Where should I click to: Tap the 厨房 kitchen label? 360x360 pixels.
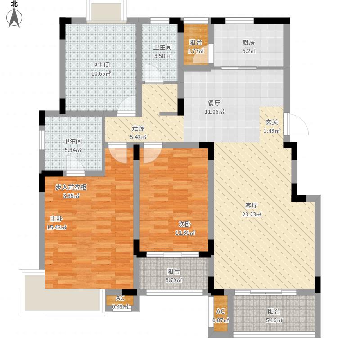click(x=249, y=42)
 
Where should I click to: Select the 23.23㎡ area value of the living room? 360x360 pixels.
click(x=252, y=215)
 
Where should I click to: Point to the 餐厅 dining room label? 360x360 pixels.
click(x=214, y=103)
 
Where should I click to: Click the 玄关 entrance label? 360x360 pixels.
click(x=272, y=122)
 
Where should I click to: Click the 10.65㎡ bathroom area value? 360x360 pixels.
click(x=101, y=74)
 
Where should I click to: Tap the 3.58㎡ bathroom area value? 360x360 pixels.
click(x=162, y=56)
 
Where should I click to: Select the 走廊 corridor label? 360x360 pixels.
click(x=138, y=128)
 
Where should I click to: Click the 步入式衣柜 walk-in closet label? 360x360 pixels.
click(x=71, y=187)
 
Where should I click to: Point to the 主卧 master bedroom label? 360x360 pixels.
click(x=56, y=219)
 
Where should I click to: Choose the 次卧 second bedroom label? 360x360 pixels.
click(x=185, y=224)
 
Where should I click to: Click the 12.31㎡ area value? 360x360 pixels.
click(x=185, y=233)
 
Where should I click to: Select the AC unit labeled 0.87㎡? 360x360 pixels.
click(x=220, y=313)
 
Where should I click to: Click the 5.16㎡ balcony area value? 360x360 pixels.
click(x=274, y=320)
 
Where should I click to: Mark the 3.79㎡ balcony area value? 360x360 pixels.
click(x=174, y=280)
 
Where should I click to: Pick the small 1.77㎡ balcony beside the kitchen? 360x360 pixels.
click(x=196, y=44)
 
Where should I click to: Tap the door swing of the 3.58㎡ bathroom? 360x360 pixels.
click(x=153, y=73)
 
